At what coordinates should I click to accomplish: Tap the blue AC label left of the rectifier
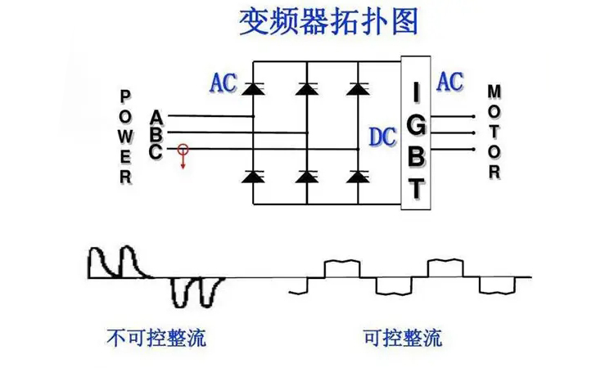[x=223, y=83]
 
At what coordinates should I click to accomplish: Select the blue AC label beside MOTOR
[x=449, y=81]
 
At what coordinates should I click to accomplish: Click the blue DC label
[x=382, y=137]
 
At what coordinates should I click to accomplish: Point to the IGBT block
[x=416, y=131]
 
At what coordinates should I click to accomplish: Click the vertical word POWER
[x=126, y=136]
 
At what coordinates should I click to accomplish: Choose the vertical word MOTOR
[x=494, y=131]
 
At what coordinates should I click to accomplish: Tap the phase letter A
[x=156, y=117]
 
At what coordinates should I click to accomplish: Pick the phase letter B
[x=156, y=134]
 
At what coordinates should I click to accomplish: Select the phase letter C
[x=156, y=150]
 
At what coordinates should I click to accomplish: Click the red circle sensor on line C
[x=183, y=150]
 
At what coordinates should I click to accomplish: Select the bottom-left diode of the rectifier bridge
[x=253, y=176]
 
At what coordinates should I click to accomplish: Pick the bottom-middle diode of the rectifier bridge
[x=306, y=176]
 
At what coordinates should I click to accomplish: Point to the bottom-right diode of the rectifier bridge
[x=358, y=176]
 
